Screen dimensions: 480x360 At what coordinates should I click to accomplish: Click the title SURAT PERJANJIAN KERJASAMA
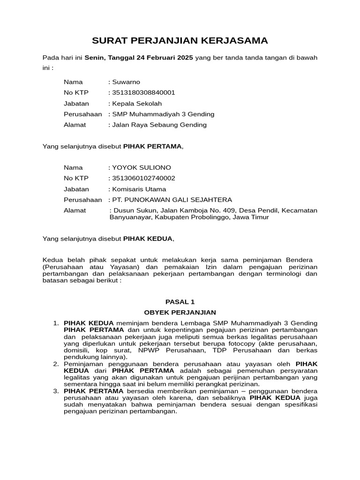[x=180, y=41]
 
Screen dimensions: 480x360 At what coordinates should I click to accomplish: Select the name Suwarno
[x=126, y=82]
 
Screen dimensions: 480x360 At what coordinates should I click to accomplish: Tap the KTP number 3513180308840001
[x=144, y=93]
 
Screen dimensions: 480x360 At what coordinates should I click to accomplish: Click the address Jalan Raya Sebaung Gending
[x=159, y=125]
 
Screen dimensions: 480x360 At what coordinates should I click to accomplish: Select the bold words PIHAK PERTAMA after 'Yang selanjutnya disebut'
[x=152, y=147]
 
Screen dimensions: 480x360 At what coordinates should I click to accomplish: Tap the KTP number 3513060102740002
[x=144, y=179]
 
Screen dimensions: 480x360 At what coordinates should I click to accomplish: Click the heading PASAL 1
[x=180, y=302]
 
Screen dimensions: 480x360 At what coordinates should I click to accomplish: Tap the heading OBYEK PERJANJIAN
[x=180, y=312]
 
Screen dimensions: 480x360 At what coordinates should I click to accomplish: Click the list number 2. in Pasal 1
[x=56, y=364]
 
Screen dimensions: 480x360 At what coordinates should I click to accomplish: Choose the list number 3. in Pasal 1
[x=56, y=391]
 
